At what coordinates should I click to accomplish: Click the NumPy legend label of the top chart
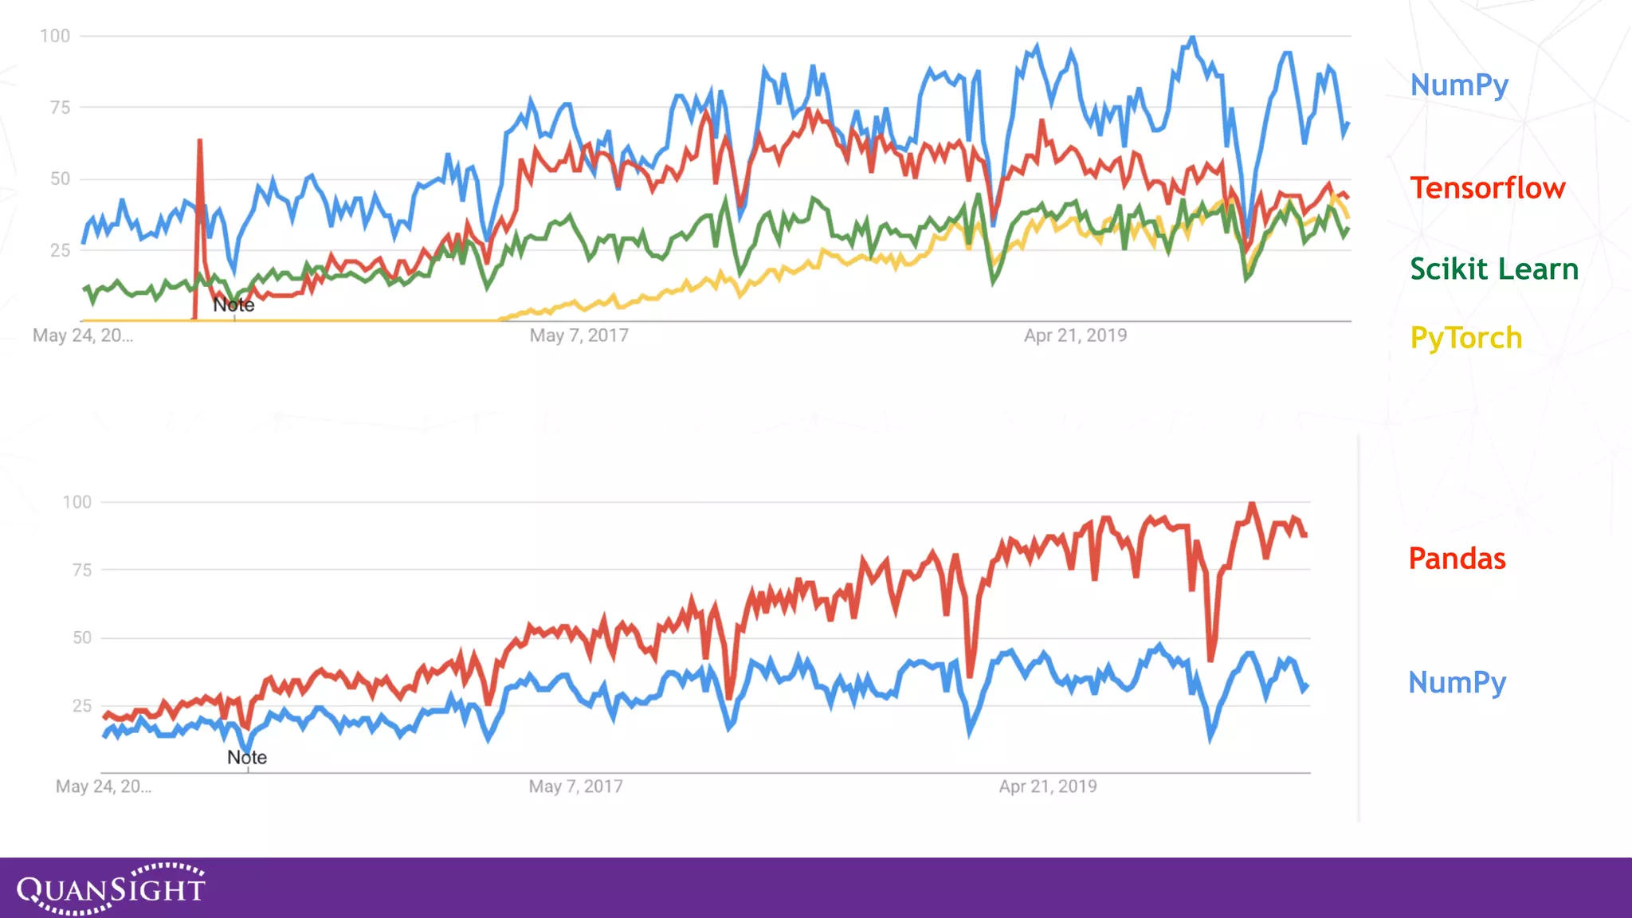pyautogui.click(x=1459, y=85)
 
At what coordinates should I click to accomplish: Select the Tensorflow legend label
pyautogui.click(x=1487, y=188)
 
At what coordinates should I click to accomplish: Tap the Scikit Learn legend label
pyautogui.click(x=1493, y=269)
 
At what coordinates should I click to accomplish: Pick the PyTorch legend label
pyautogui.click(x=1465, y=338)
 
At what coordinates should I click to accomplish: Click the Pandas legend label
pyautogui.click(x=1457, y=559)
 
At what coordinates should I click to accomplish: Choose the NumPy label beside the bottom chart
pyautogui.click(x=1457, y=683)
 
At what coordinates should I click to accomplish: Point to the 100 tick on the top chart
pyautogui.click(x=55, y=36)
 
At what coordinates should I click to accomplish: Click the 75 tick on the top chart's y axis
pyautogui.click(x=60, y=108)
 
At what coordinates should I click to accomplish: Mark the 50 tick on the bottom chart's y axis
pyautogui.click(x=82, y=637)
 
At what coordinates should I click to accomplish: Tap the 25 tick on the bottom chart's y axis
pyautogui.click(x=82, y=705)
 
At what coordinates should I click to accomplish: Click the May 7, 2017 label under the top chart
pyautogui.click(x=579, y=335)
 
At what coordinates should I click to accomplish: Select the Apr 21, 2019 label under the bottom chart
pyautogui.click(x=1048, y=787)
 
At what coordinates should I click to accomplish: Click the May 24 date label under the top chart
pyautogui.click(x=83, y=335)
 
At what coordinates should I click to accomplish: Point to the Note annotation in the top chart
pyautogui.click(x=233, y=305)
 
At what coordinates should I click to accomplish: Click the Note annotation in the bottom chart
pyautogui.click(x=247, y=758)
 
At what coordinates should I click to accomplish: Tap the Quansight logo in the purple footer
pyautogui.click(x=111, y=888)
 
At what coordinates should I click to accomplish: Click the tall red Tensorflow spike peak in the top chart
pyautogui.click(x=200, y=142)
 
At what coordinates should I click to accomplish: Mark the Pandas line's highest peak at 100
pyautogui.click(x=1252, y=504)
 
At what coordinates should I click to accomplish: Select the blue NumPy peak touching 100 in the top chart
pyautogui.click(x=1192, y=37)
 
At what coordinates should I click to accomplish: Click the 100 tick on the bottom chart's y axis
pyautogui.click(x=77, y=502)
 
